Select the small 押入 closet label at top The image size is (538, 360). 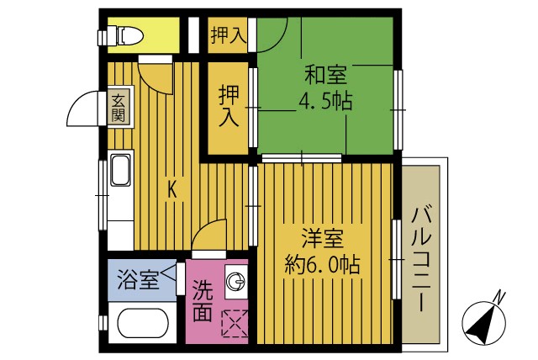tap(228, 36)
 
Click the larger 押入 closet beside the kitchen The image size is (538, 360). tap(229, 106)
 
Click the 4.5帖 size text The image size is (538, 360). tap(324, 103)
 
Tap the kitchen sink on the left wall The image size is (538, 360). tap(119, 172)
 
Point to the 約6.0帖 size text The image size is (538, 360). tap(322, 265)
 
